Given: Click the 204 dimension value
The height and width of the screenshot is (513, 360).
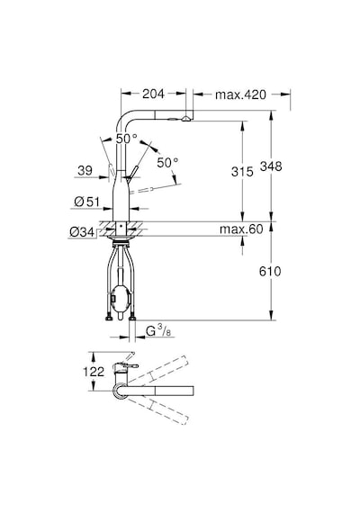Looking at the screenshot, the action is pyautogui.click(x=153, y=94).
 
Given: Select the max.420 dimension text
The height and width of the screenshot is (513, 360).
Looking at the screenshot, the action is pyautogui.click(x=240, y=94).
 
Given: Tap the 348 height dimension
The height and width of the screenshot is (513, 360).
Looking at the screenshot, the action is pyautogui.click(x=271, y=166).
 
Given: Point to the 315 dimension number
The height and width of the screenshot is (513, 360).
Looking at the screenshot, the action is pyautogui.click(x=242, y=171).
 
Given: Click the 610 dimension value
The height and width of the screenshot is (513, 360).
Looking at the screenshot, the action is pyautogui.click(x=270, y=271).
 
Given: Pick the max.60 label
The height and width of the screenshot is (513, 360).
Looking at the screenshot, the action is pyautogui.click(x=241, y=229).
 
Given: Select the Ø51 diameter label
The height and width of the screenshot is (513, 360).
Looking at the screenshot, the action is pyautogui.click(x=86, y=202).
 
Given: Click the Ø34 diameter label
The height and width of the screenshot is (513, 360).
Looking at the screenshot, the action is pyautogui.click(x=82, y=232).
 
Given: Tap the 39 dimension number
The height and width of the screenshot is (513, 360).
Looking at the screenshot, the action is pyautogui.click(x=85, y=170).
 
